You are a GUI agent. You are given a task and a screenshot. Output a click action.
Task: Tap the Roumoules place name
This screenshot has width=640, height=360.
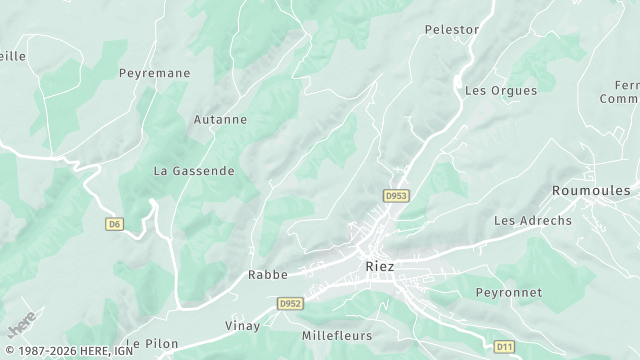[591, 190]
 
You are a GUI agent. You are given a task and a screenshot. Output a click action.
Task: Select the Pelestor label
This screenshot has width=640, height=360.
[452, 30]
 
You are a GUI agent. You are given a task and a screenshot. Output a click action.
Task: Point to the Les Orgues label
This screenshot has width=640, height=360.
[501, 90]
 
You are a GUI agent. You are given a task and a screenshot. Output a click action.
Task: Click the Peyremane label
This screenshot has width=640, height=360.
[154, 73]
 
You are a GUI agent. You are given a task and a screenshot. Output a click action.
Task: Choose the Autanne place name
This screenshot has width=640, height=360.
[221, 119]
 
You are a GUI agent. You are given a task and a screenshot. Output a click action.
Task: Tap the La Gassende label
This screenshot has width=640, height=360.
[194, 171]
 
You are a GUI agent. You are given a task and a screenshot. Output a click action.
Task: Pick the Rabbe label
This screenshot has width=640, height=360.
[268, 274]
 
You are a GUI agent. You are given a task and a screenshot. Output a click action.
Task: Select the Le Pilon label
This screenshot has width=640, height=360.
[152, 343]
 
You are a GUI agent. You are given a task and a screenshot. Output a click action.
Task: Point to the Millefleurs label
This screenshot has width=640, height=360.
[337, 337]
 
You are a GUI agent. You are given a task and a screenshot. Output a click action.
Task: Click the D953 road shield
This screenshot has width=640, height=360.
[397, 195]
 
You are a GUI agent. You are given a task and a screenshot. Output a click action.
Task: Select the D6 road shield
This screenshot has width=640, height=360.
[114, 224]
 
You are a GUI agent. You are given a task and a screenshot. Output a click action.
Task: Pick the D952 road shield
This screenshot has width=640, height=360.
[290, 302]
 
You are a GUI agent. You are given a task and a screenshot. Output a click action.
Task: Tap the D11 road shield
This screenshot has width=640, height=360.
[504, 346]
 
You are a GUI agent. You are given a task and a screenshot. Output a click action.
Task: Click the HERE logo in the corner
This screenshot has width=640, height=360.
[21, 324]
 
